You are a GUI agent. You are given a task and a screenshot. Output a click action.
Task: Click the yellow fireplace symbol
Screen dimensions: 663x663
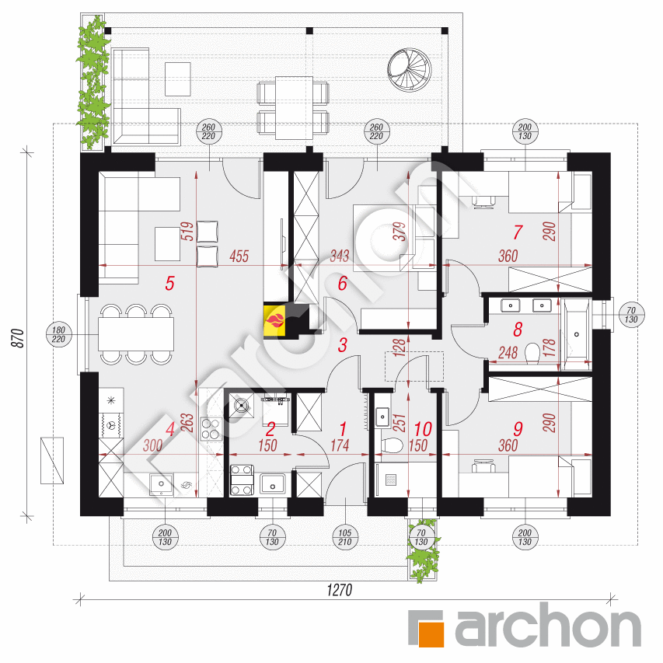pos(274,321)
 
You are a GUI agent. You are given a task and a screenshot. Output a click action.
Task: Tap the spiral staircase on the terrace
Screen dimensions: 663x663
pos(410,70)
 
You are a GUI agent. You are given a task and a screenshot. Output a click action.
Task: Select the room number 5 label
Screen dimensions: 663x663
pos(170,283)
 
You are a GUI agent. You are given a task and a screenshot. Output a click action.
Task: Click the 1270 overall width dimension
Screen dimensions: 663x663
pos(340,589)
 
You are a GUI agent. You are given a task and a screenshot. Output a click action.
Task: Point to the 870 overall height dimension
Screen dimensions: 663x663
pos(18,337)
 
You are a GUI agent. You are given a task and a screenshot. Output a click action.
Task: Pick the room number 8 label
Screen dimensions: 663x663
pos(518,330)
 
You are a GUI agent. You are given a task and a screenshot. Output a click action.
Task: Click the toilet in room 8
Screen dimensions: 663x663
pos(532,354)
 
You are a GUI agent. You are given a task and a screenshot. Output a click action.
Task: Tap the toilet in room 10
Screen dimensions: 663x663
pos(392,445)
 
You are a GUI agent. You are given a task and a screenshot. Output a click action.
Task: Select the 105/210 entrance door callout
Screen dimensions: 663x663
pos(345,537)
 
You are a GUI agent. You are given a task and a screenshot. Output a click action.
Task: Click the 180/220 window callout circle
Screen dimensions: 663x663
pos(58,334)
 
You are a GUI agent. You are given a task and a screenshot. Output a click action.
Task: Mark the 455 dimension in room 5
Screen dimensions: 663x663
pos(239,256)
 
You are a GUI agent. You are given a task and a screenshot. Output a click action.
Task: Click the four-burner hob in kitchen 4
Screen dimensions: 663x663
pos(211,429)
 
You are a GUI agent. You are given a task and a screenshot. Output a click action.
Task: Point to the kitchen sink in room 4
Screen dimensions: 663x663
pos(161,484)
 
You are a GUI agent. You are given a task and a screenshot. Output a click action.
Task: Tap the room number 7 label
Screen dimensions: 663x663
pos(518,232)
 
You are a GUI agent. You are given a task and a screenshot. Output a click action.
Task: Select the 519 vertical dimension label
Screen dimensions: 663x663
pos(188,232)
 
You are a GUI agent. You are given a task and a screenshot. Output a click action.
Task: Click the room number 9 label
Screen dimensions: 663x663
pos(518,429)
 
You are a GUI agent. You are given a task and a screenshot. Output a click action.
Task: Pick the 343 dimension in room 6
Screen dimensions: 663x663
pos(340,256)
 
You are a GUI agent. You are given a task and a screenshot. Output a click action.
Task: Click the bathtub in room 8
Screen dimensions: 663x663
pos(576,334)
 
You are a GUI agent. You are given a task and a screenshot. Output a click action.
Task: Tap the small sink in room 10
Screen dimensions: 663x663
pos(382,417)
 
